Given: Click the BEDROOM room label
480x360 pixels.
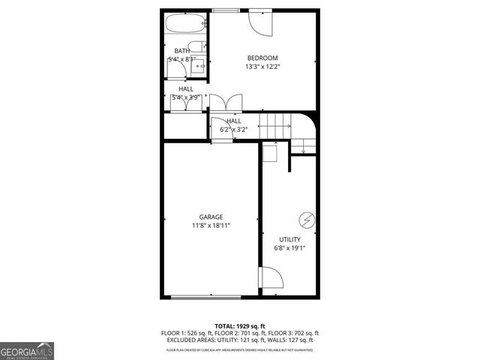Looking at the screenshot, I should [x=262, y=58].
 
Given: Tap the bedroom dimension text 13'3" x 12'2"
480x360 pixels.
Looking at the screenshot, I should [x=262, y=67].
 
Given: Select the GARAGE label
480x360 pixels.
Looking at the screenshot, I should [x=211, y=217].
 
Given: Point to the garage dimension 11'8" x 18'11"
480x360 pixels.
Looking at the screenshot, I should [x=211, y=225].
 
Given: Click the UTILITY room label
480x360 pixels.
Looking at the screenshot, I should [x=289, y=239].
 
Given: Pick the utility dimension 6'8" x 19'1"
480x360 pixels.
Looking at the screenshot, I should [x=289, y=248].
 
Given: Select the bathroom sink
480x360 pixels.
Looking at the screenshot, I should [x=199, y=66].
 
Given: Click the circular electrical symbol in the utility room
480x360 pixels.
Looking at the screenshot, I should [x=305, y=219].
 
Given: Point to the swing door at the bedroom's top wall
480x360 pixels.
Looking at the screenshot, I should [x=261, y=22].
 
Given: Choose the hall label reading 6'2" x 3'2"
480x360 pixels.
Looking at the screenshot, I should [x=233, y=125].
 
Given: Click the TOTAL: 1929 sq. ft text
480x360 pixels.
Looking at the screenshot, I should [x=240, y=325].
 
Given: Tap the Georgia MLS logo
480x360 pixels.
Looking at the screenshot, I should [x=27, y=350].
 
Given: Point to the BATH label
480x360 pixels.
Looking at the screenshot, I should [x=181, y=51].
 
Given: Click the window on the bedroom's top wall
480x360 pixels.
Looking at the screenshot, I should [x=224, y=10].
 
